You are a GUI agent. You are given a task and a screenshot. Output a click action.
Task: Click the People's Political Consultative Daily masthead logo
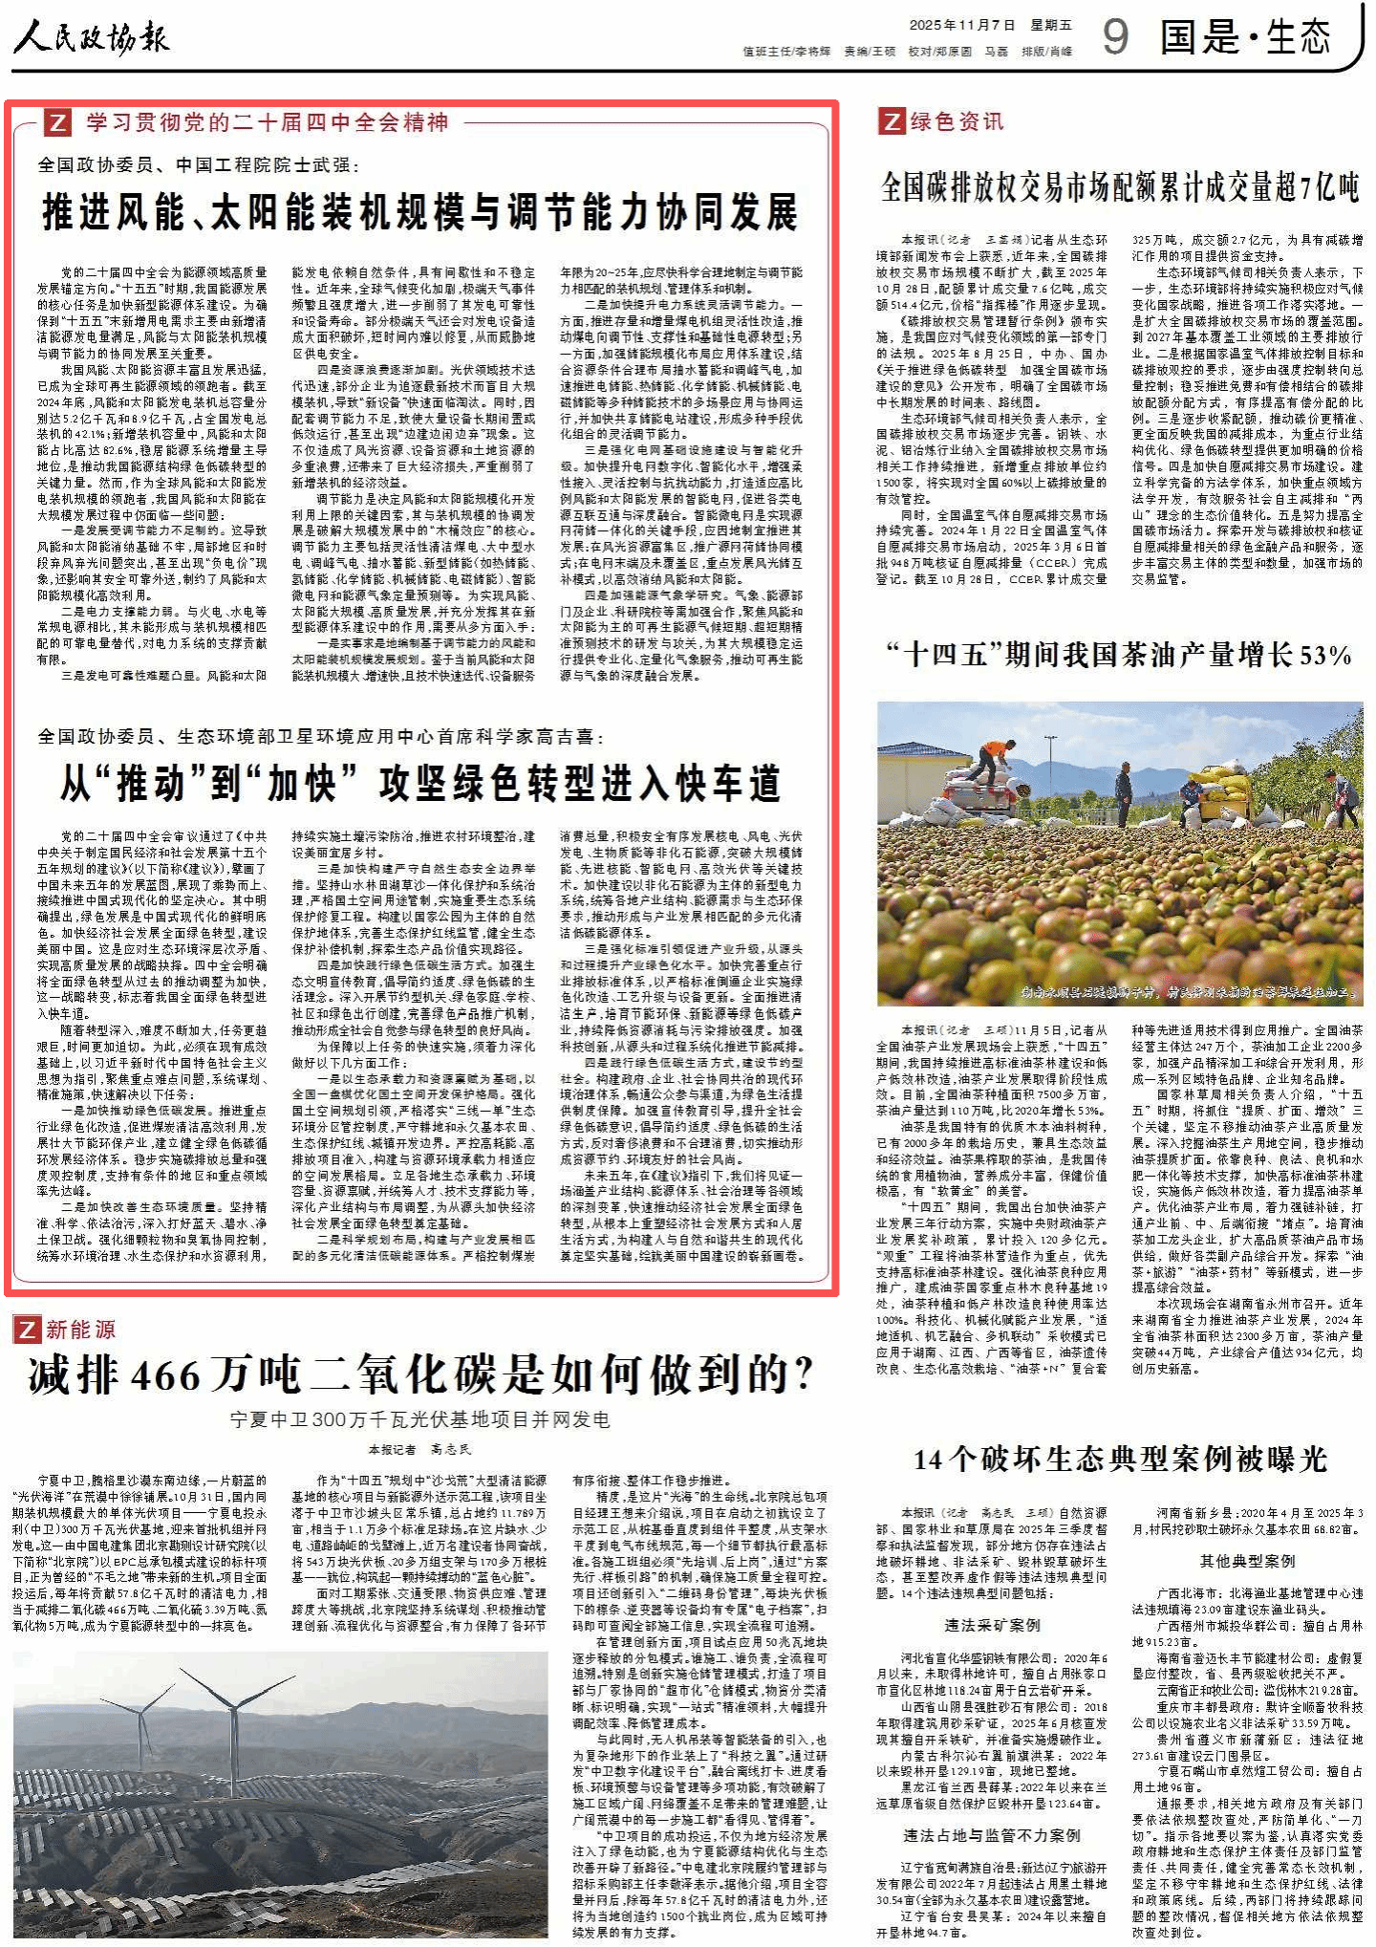91,38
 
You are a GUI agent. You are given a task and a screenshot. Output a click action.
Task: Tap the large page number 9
1115,36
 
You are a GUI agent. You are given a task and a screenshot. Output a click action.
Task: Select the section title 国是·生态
1245,37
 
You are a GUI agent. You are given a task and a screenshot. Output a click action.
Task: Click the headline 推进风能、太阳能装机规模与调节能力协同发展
420,211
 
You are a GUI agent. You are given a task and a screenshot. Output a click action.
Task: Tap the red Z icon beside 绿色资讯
891,121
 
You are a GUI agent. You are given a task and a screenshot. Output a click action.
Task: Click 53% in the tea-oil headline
1325,655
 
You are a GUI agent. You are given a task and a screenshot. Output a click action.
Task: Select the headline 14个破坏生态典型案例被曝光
1120,1459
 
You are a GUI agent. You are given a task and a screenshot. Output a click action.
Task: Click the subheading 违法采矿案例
992,1625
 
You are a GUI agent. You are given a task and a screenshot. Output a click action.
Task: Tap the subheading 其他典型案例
1247,1561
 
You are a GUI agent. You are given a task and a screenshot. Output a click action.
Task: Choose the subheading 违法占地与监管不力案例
992,1835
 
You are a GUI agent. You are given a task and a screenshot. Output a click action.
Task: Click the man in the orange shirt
994,758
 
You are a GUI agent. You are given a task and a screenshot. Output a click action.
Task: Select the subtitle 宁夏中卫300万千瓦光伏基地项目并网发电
420,1419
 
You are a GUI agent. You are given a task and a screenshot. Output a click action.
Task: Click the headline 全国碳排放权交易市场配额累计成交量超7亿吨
1120,187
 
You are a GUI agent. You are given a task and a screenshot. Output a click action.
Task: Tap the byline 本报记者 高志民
420,1449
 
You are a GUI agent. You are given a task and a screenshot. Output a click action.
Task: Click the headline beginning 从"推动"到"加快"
420,784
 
